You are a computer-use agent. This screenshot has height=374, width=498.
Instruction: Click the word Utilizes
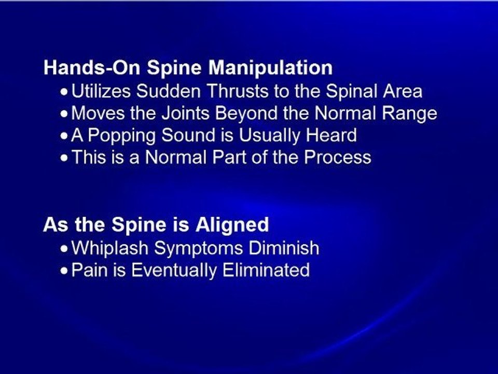click(x=101, y=91)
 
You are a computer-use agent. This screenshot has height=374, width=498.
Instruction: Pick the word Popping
click(x=121, y=136)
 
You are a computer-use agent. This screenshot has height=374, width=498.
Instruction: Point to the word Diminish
click(x=284, y=248)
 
